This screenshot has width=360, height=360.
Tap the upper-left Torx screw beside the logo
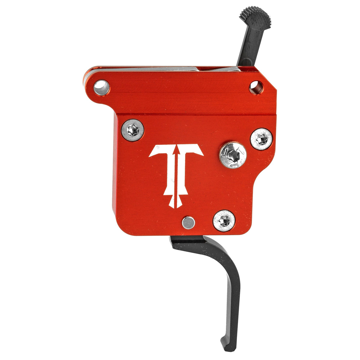132,130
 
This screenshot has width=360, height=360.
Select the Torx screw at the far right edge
261,139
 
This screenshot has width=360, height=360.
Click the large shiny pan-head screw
233,155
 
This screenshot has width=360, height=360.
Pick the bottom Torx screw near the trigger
224,220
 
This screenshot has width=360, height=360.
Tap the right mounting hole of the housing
256,87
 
